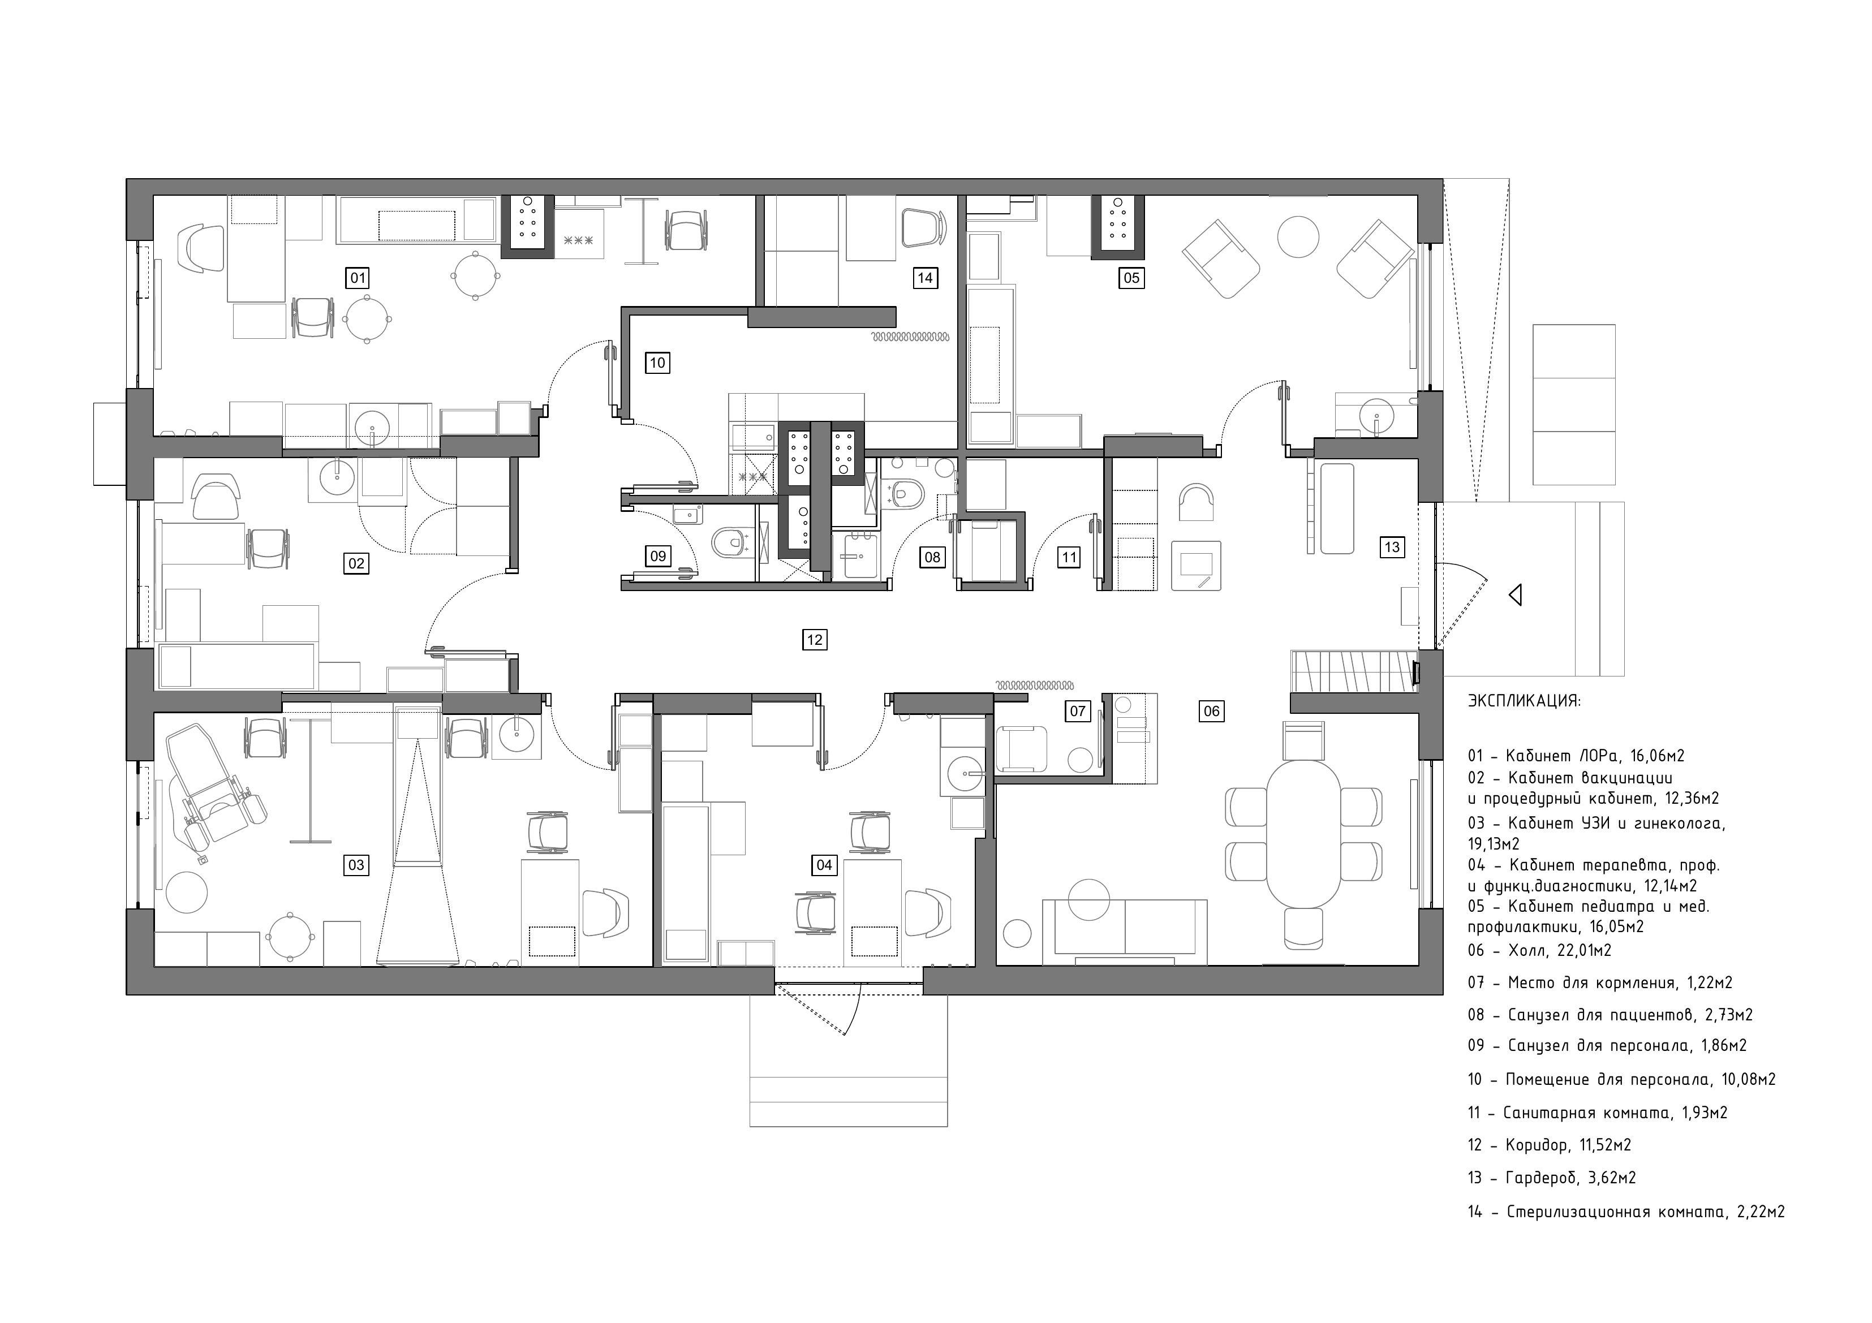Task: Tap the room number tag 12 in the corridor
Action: click(814, 639)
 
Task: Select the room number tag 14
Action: click(924, 278)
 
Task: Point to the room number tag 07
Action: click(1077, 711)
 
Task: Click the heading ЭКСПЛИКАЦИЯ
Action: click(1524, 700)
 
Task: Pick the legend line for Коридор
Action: click(1549, 1145)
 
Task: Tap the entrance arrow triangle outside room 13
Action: click(1515, 595)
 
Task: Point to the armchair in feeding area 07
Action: click(1022, 748)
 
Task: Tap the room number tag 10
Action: click(657, 363)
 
